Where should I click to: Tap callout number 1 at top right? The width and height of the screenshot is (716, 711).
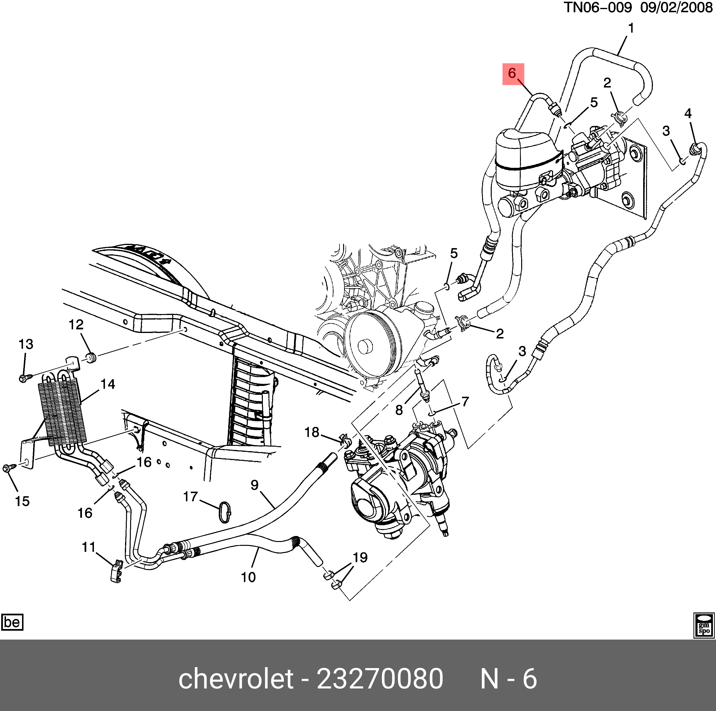(631, 29)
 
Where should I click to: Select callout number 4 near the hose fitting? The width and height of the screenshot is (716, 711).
(688, 113)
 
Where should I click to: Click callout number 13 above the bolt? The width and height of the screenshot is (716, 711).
(26, 344)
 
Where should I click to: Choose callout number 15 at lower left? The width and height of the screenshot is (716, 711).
(22, 501)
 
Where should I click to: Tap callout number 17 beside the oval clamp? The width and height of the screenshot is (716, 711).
(191, 496)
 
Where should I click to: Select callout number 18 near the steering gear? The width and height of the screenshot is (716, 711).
(312, 432)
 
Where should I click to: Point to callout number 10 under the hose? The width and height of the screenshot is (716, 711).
(248, 577)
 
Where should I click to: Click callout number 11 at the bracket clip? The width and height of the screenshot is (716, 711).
(89, 547)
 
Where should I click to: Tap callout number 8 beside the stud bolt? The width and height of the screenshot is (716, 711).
(399, 410)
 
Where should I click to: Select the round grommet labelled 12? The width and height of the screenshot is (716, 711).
(91, 358)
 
